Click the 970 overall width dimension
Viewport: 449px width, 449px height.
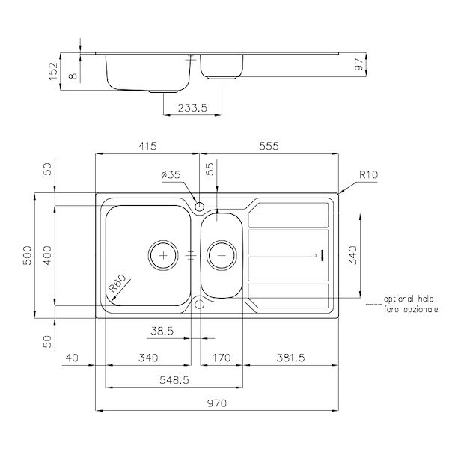(216, 403)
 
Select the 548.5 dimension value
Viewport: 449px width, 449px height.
(174, 380)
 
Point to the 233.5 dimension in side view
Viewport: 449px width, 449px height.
(192, 107)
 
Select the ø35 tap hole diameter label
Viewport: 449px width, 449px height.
(171, 175)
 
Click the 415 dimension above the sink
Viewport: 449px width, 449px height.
(147, 147)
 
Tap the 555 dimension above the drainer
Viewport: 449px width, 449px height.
(268, 147)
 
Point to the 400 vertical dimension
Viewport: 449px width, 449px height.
(46, 254)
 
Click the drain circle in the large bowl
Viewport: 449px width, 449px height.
(163, 254)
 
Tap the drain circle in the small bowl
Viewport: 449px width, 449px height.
(222, 254)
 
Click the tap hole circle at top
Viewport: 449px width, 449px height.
(199, 206)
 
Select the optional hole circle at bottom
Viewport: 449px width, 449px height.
(199, 303)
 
